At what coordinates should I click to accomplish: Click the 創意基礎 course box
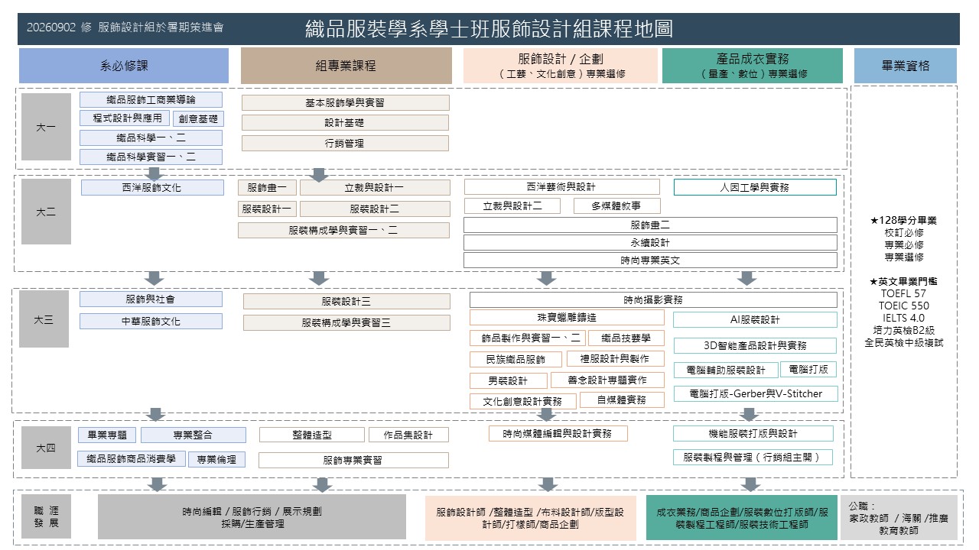tap(198, 118)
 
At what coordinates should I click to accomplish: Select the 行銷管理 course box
tap(345, 143)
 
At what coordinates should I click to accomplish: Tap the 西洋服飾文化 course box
tap(152, 188)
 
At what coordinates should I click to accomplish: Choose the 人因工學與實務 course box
tap(755, 187)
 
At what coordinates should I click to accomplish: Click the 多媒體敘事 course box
tap(616, 206)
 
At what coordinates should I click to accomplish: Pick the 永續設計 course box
tap(650, 243)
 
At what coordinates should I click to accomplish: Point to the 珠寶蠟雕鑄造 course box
tap(567, 318)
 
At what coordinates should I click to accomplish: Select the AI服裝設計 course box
tap(755, 319)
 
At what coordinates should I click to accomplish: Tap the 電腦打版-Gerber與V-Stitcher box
tap(756, 393)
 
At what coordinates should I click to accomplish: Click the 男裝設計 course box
tap(509, 380)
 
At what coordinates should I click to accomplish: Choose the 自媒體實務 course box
tap(622, 400)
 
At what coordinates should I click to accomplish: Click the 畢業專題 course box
tap(107, 435)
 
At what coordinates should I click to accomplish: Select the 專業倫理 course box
tap(216, 460)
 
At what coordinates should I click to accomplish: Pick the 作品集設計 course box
tap(408, 435)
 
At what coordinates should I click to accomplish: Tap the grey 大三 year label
tap(44, 319)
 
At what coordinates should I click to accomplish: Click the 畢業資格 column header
tap(905, 66)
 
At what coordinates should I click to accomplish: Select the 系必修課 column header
tap(124, 66)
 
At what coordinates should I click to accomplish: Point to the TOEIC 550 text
tap(904, 306)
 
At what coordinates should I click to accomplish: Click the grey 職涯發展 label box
tap(46, 516)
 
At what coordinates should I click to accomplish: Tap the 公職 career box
tap(899, 518)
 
